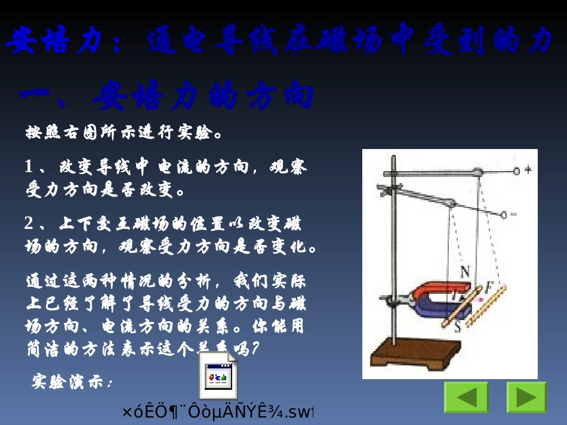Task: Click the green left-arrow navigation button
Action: (466, 398)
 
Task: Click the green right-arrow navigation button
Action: (526, 398)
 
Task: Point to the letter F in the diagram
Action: (488, 287)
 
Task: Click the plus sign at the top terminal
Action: (528, 170)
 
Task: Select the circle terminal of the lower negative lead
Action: (504, 214)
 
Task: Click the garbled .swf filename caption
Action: (218, 412)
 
